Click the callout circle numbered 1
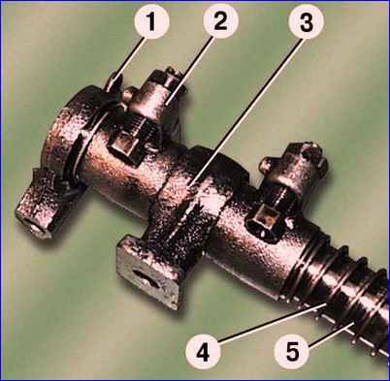pyautogui.click(x=151, y=21)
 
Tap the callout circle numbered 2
pyautogui.click(x=220, y=21)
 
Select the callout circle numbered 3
pyautogui.click(x=306, y=21)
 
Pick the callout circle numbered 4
pyautogui.click(x=203, y=352)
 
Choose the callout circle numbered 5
pyautogui.click(x=292, y=352)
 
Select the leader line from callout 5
pyautogui.click(x=330, y=337)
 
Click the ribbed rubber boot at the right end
pyautogui.click(x=337, y=291)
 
